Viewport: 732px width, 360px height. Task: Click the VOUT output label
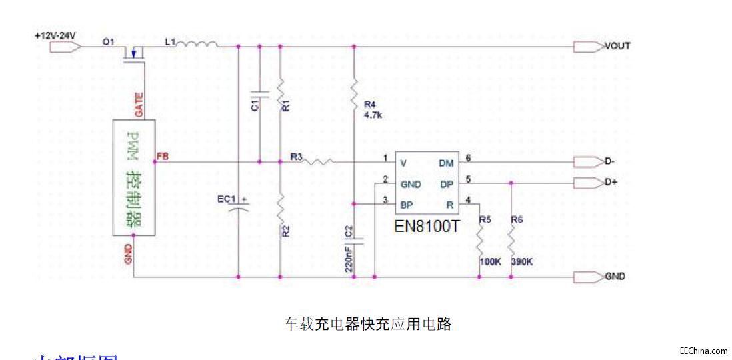pos(617,46)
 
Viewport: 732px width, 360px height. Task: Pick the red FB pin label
pos(163,157)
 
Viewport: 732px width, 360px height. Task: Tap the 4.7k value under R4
pos(372,115)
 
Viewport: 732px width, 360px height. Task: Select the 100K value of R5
pos(490,261)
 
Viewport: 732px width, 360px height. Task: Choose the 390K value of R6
pos(521,261)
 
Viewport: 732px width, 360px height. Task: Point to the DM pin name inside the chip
pos(447,162)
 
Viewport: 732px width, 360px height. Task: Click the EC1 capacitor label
pos(228,198)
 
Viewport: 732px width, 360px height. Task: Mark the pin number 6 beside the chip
pos(468,158)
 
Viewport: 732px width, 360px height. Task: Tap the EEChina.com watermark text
pos(703,351)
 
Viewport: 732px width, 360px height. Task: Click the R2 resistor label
pos(286,232)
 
